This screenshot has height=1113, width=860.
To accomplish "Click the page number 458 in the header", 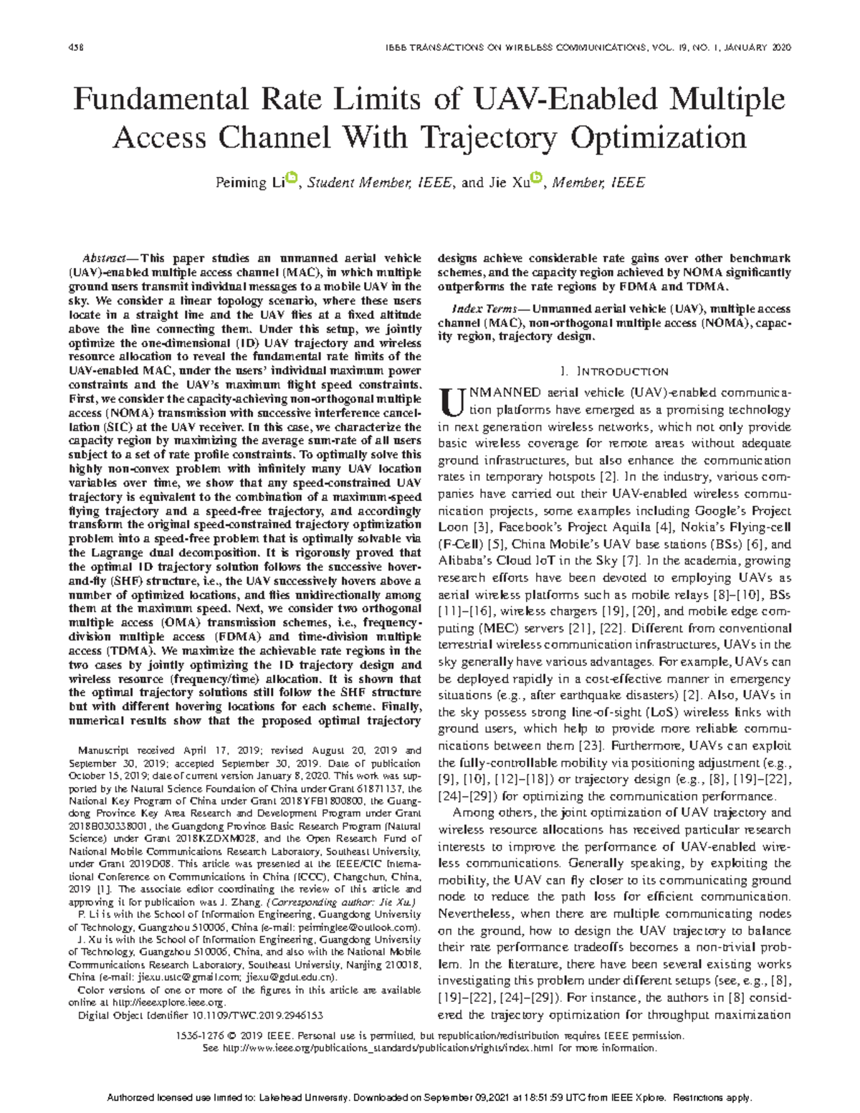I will [x=75, y=47].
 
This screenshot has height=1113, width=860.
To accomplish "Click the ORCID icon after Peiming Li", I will [x=292, y=177].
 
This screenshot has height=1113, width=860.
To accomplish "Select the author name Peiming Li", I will [x=250, y=183].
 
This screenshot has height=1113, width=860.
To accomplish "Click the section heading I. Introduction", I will [x=614, y=371].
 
